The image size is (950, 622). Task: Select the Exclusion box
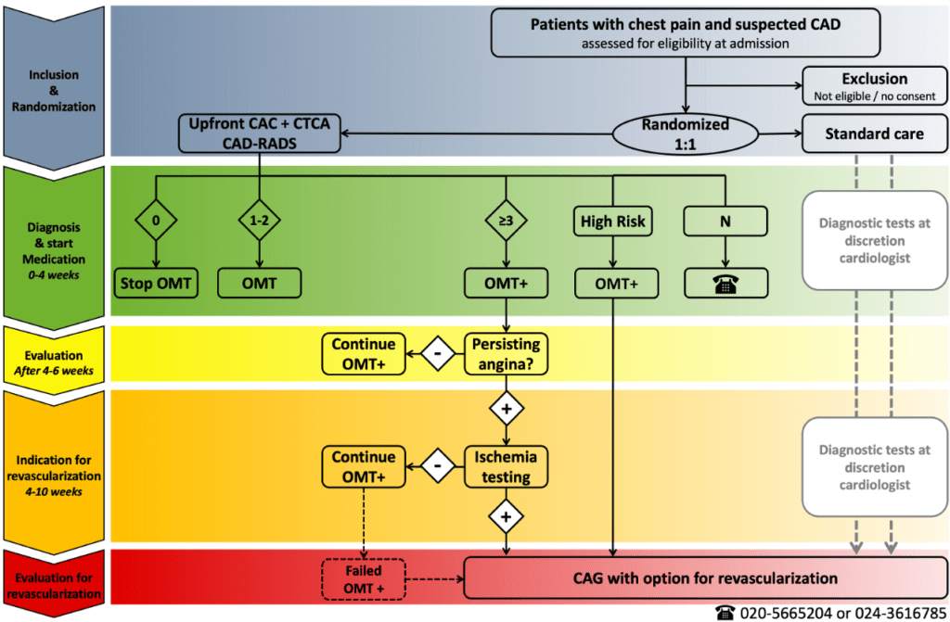click(874, 86)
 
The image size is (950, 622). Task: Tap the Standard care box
click(874, 134)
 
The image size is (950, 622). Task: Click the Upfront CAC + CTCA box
click(260, 134)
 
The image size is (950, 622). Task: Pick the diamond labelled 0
click(155, 222)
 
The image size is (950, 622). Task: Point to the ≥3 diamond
click(505, 222)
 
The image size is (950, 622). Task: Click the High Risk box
click(612, 222)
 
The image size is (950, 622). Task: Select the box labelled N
click(725, 222)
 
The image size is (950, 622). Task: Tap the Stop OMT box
click(155, 283)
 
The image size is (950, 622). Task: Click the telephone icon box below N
click(725, 283)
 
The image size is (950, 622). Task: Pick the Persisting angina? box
click(505, 354)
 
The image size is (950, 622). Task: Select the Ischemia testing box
click(505, 467)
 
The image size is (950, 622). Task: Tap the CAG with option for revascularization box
click(705, 578)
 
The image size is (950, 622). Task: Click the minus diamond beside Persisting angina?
click(436, 354)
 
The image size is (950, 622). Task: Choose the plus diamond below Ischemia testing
click(505, 516)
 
